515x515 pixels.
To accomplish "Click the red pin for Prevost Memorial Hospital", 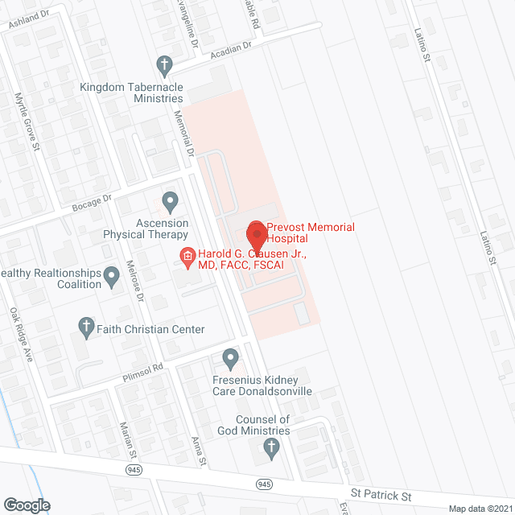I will (256, 234).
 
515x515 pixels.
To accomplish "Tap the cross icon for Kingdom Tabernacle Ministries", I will (164, 64).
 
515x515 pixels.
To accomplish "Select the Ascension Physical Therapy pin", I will (169, 200).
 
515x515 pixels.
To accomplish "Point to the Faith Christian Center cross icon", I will (86, 326).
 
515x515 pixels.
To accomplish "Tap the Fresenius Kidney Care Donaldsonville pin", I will (231, 356).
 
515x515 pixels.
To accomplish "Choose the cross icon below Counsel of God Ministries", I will (272, 447).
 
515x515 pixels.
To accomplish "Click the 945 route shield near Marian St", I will (131, 468).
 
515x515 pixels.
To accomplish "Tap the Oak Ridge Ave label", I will (20, 333).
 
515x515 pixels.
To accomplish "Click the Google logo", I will (27, 505).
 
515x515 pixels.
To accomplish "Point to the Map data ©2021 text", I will (480, 508).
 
